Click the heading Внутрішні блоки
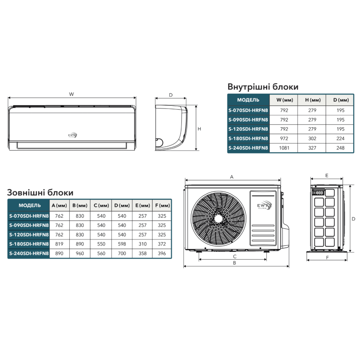click(263, 87)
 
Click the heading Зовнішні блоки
click(40, 193)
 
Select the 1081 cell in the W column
click(284, 148)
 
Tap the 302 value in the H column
click(312, 139)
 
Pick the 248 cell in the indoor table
click(340, 148)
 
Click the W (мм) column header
click(285, 100)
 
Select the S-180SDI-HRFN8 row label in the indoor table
click(248, 139)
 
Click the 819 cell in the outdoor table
click(59, 244)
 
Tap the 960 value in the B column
click(80, 253)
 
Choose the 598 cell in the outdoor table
click(122, 244)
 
